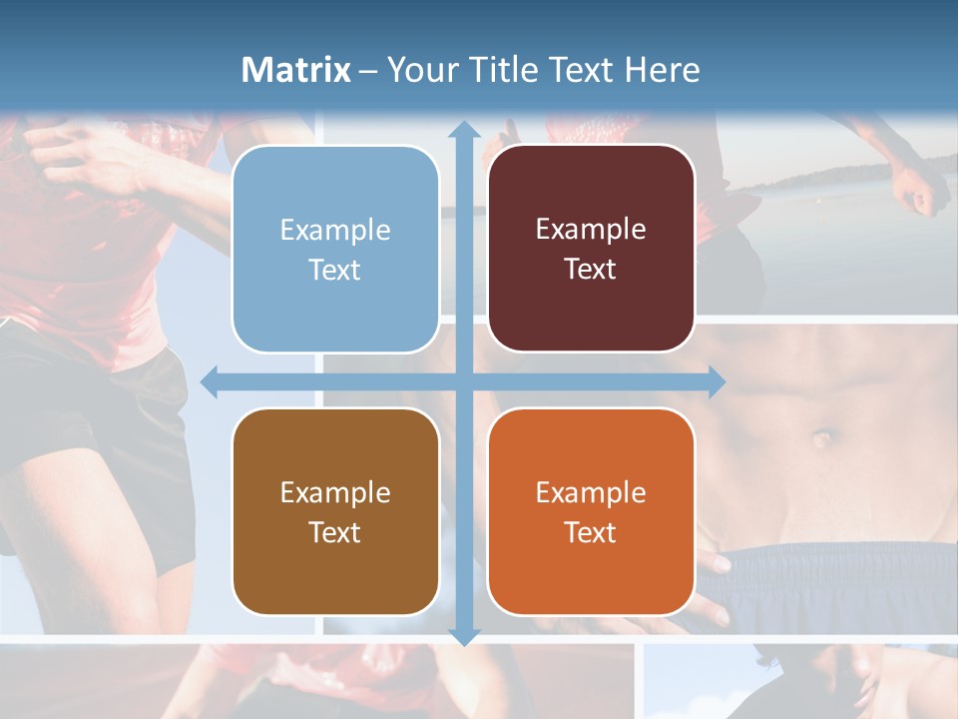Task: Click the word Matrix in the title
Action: pos(296,70)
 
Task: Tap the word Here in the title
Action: pos(662,70)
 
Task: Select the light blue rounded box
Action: pos(335,249)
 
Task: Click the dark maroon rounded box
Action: pos(591,249)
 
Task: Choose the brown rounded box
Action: pos(335,511)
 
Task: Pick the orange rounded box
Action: pos(591,511)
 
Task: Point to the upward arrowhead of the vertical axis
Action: pos(464,130)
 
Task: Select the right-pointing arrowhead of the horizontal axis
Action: pos(718,381)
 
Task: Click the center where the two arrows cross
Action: pos(464,381)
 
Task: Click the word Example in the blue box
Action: pos(335,231)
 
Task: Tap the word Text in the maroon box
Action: pos(591,270)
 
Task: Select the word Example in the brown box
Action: pos(335,492)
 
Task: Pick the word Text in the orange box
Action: pos(591,532)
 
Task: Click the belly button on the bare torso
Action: pos(822,437)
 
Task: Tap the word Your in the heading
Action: pos(419,70)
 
